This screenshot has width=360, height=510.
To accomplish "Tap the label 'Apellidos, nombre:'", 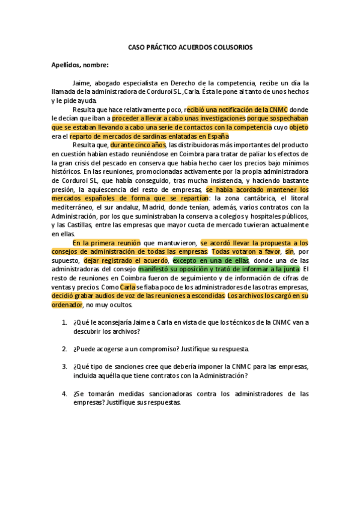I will [x=79, y=65].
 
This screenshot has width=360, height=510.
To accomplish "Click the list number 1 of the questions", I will [x=64, y=322].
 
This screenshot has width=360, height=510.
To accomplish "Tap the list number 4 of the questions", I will [x=64, y=394].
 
